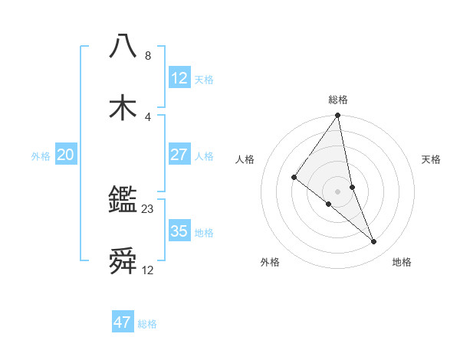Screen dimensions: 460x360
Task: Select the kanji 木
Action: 123,107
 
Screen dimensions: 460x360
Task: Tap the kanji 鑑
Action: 123,201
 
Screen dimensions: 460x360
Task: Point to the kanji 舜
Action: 123,262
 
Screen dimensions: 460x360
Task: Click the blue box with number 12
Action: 179,78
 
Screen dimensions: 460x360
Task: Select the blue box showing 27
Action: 179,155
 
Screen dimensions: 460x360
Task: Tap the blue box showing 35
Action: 179,231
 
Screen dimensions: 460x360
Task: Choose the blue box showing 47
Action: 123,322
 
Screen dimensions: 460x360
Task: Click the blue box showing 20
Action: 66,155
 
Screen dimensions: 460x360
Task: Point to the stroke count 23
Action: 148,208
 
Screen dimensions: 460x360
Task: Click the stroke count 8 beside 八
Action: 148,56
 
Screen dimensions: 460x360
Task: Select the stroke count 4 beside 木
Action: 148,116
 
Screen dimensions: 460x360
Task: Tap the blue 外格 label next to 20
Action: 41,156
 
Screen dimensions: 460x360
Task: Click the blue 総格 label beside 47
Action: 147,324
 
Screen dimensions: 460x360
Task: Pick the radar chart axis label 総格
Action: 338,100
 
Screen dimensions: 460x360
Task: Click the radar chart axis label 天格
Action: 432,159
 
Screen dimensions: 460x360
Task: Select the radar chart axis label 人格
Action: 245,159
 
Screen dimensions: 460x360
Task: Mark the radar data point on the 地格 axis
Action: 374,242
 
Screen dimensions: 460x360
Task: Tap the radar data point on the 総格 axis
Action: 338,116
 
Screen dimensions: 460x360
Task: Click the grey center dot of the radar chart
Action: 338,191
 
